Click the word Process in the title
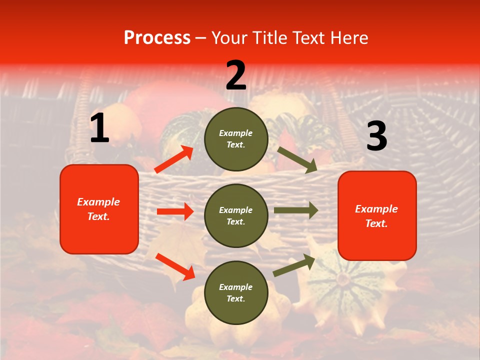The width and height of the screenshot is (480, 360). coord(157,37)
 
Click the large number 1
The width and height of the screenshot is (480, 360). coord(99,128)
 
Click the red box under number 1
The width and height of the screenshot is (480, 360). coord(99,209)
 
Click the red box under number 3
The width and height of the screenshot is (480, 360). coord(377,215)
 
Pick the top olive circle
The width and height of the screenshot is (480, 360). coord(236,138)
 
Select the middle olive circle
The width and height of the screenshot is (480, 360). coord(236,215)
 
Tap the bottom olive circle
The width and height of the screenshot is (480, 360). coord(236,292)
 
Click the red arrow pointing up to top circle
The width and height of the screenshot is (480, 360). coord(174,159)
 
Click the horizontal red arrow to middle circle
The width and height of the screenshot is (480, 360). coord(175,211)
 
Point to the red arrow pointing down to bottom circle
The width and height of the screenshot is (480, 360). coord(175,266)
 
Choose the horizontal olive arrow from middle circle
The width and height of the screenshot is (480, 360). coord(295,210)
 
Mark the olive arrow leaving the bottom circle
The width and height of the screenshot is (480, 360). coord(294,265)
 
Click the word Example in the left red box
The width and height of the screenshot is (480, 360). coord(98,202)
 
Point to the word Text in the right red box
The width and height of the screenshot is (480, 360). coord(376,223)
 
